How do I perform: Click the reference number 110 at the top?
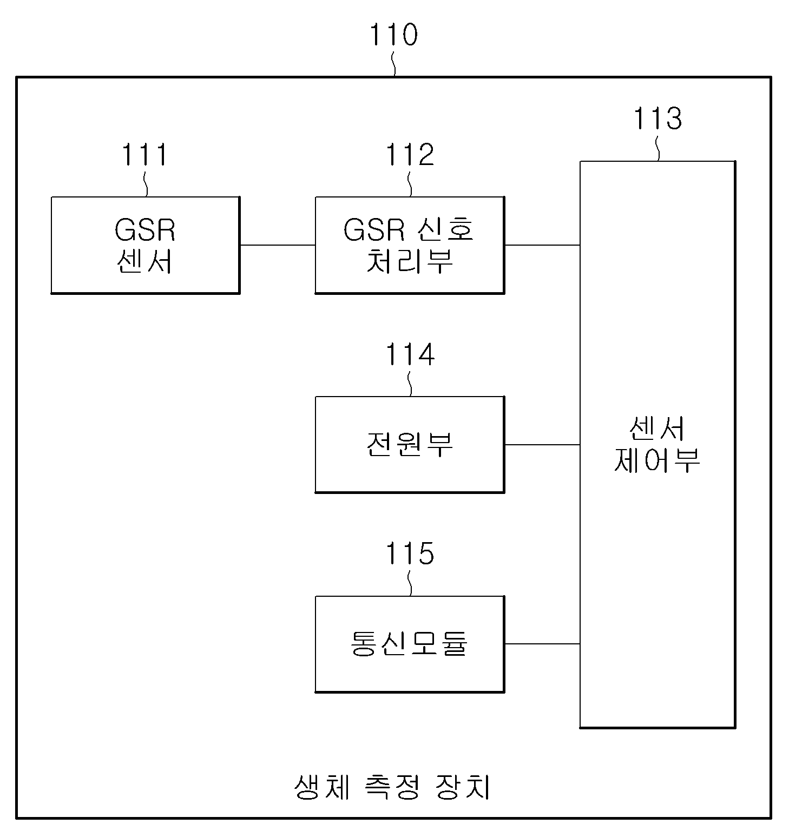[x=393, y=35]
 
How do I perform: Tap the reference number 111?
[x=144, y=155]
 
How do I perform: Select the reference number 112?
[x=410, y=155]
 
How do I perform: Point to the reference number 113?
[x=657, y=118]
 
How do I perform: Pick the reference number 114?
[x=410, y=355]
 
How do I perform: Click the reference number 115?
[x=410, y=554]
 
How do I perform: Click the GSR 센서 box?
[x=146, y=245]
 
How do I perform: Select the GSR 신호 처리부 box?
[x=410, y=245]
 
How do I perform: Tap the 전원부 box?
[x=410, y=445]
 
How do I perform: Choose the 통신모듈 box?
[x=410, y=644]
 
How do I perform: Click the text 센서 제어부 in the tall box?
[x=657, y=445]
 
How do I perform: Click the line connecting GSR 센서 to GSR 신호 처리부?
[x=278, y=245]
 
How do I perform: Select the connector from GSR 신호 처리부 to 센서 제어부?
[x=542, y=245]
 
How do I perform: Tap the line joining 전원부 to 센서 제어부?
[x=542, y=445]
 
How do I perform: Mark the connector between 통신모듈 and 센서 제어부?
[x=542, y=644]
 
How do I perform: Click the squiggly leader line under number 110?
[x=394, y=63]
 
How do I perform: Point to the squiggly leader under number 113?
[x=658, y=148]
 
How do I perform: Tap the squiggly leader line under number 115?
[x=410, y=583]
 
